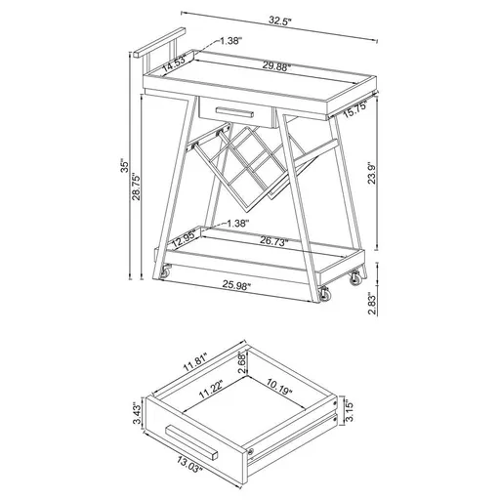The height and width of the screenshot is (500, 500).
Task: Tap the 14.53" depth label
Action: [x=176, y=65]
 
